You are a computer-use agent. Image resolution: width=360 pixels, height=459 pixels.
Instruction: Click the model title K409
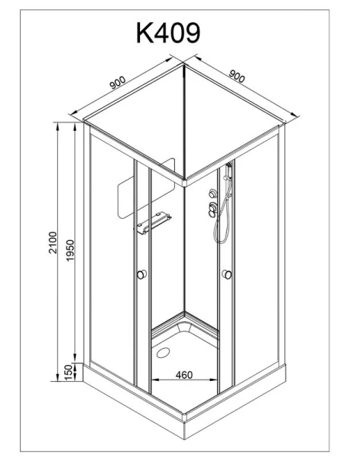(x=168, y=33)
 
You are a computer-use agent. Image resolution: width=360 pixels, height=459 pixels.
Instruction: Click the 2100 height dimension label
(x=54, y=243)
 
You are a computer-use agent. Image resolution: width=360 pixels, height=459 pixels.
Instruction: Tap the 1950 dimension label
(x=70, y=251)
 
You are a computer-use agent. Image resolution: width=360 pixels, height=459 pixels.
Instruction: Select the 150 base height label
(x=68, y=372)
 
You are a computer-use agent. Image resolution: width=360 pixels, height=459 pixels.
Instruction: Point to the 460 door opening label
(x=184, y=375)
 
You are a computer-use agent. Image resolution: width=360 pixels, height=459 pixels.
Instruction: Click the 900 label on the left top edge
(x=118, y=83)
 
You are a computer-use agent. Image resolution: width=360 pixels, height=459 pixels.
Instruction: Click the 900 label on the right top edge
(x=237, y=76)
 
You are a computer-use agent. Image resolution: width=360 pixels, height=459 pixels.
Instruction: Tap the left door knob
(x=141, y=275)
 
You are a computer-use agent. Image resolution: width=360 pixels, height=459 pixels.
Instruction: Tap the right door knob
(x=227, y=275)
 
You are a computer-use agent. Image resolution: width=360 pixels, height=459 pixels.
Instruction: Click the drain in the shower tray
(x=163, y=353)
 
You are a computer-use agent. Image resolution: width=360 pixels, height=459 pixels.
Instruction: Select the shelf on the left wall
(x=154, y=223)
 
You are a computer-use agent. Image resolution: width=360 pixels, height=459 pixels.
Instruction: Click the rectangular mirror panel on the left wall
(x=146, y=188)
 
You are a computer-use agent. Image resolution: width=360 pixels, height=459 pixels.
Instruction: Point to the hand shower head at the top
(x=229, y=170)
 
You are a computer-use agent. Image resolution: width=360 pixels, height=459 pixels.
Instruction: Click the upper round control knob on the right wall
(x=213, y=194)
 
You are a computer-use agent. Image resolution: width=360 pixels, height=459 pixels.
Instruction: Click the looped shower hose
(x=222, y=212)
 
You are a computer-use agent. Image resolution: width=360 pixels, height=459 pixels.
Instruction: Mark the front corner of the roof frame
(x=184, y=182)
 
